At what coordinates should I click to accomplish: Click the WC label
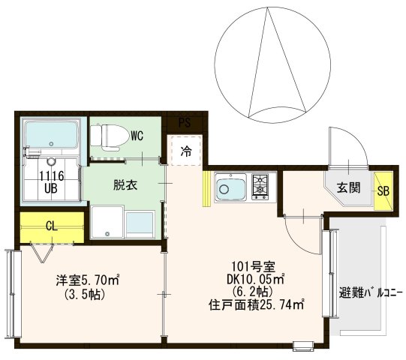point(137,136)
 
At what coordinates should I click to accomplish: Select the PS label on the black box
point(185,122)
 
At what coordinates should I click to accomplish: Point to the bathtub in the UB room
point(51,136)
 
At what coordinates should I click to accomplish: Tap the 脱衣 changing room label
point(125,184)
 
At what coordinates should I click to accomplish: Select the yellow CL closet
point(51,226)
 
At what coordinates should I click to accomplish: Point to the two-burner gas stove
point(259,186)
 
